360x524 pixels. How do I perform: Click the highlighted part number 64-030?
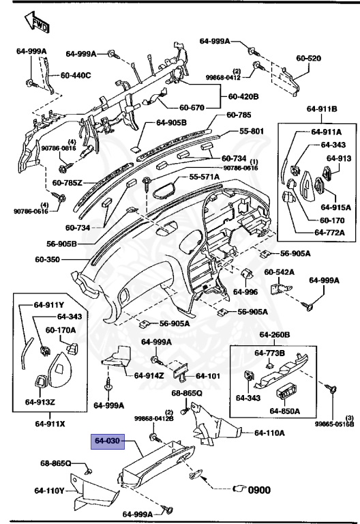coord(107,441)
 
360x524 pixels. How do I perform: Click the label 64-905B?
coord(175,123)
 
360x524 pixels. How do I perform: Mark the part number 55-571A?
coord(205,177)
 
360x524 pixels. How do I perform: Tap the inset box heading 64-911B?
coord(322,108)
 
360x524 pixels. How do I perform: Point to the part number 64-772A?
coord(329,233)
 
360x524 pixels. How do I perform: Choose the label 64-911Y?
coord(50,306)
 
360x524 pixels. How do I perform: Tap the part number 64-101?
coord(209,375)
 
